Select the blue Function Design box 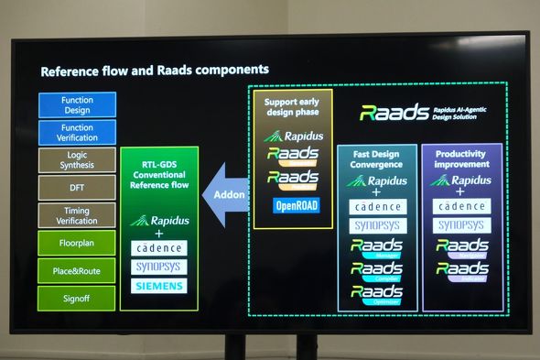point(77,104)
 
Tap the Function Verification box point(77,133)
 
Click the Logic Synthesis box point(77,160)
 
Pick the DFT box point(77,188)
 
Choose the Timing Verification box point(77,215)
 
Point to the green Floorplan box point(77,243)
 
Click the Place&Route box point(77,270)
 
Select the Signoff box point(77,298)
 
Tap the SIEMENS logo point(158,286)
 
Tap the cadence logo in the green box point(158,248)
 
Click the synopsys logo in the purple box point(461,225)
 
